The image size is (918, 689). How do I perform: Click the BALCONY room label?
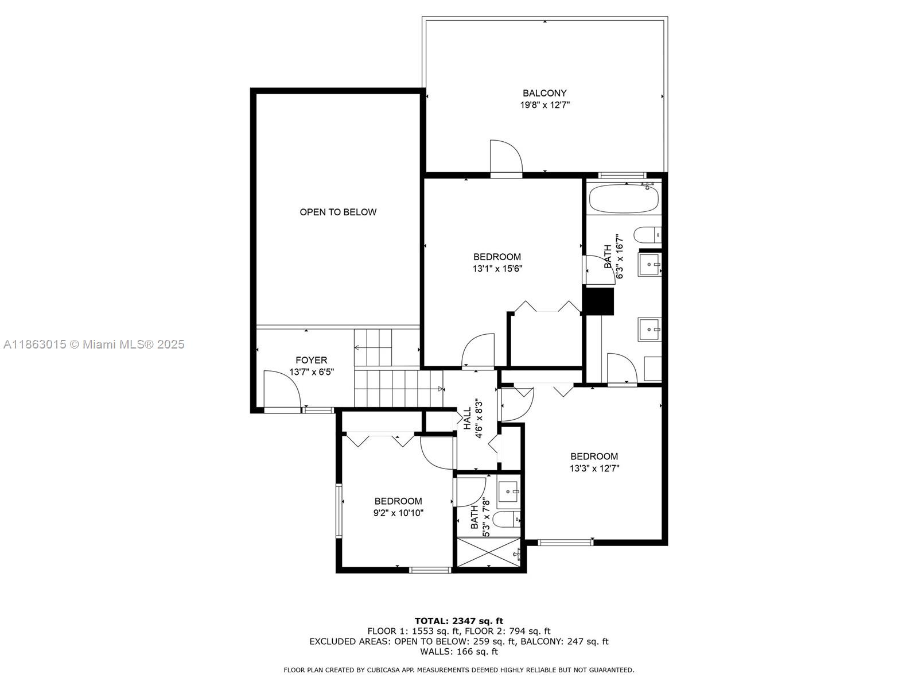(x=544, y=93)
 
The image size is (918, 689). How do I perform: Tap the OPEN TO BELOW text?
(x=338, y=212)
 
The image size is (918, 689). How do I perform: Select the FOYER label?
(x=312, y=361)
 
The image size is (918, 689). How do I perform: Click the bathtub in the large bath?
(x=623, y=198)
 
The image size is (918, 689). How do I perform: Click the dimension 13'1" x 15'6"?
(x=497, y=268)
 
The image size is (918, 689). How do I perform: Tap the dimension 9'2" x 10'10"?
(x=398, y=513)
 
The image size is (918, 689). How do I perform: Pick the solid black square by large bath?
(x=598, y=301)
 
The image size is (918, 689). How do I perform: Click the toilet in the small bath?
(x=507, y=519)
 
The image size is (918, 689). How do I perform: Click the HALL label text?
(x=467, y=418)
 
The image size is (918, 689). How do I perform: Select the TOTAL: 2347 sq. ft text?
(x=458, y=621)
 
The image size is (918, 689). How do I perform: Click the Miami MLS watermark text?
(x=94, y=344)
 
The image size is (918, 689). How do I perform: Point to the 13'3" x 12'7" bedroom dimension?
(x=594, y=468)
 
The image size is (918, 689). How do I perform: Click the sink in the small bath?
(x=509, y=492)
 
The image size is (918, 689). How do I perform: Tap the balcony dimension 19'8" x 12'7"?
(x=544, y=105)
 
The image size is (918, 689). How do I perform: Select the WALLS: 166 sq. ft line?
(x=458, y=652)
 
